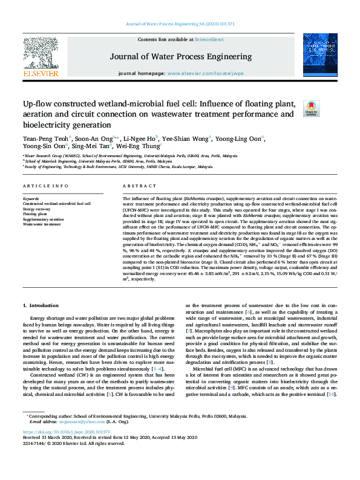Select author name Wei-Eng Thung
[139, 147]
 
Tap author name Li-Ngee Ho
[138, 138]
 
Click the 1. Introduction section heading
[41, 305]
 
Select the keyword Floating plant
[35, 214]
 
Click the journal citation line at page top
[180, 24]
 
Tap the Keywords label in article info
[31, 199]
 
